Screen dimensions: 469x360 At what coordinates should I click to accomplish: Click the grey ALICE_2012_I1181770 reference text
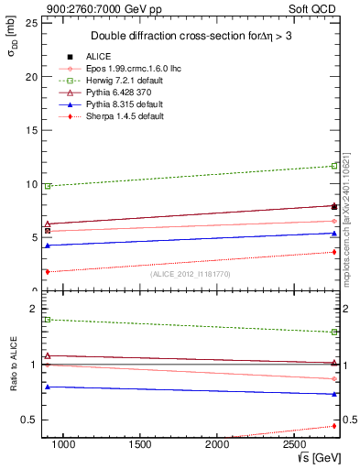(190, 273)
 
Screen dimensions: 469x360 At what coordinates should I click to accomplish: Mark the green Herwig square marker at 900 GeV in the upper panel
(48, 186)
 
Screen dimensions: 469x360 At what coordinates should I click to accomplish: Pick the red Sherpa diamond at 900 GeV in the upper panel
(48, 271)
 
